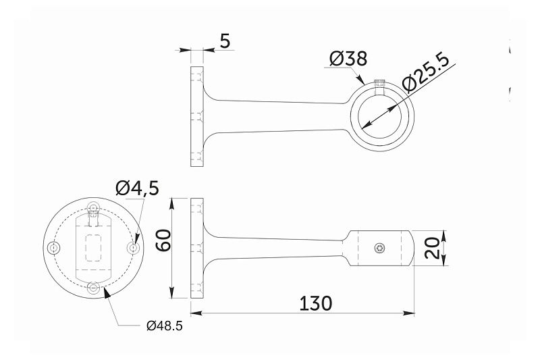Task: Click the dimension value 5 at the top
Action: [225, 41]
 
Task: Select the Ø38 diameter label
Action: [348, 59]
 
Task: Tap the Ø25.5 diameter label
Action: [426, 74]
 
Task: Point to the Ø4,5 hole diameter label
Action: [137, 188]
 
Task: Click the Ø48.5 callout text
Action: [164, 326]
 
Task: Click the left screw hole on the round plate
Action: [55, 248]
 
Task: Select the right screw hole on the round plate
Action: [134, 248]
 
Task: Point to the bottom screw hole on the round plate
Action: [94, 288]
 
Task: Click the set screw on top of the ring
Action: [379, 84]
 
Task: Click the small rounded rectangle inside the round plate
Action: [94, 247]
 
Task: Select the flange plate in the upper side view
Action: [197, 116]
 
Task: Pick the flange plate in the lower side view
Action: [197, 248]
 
